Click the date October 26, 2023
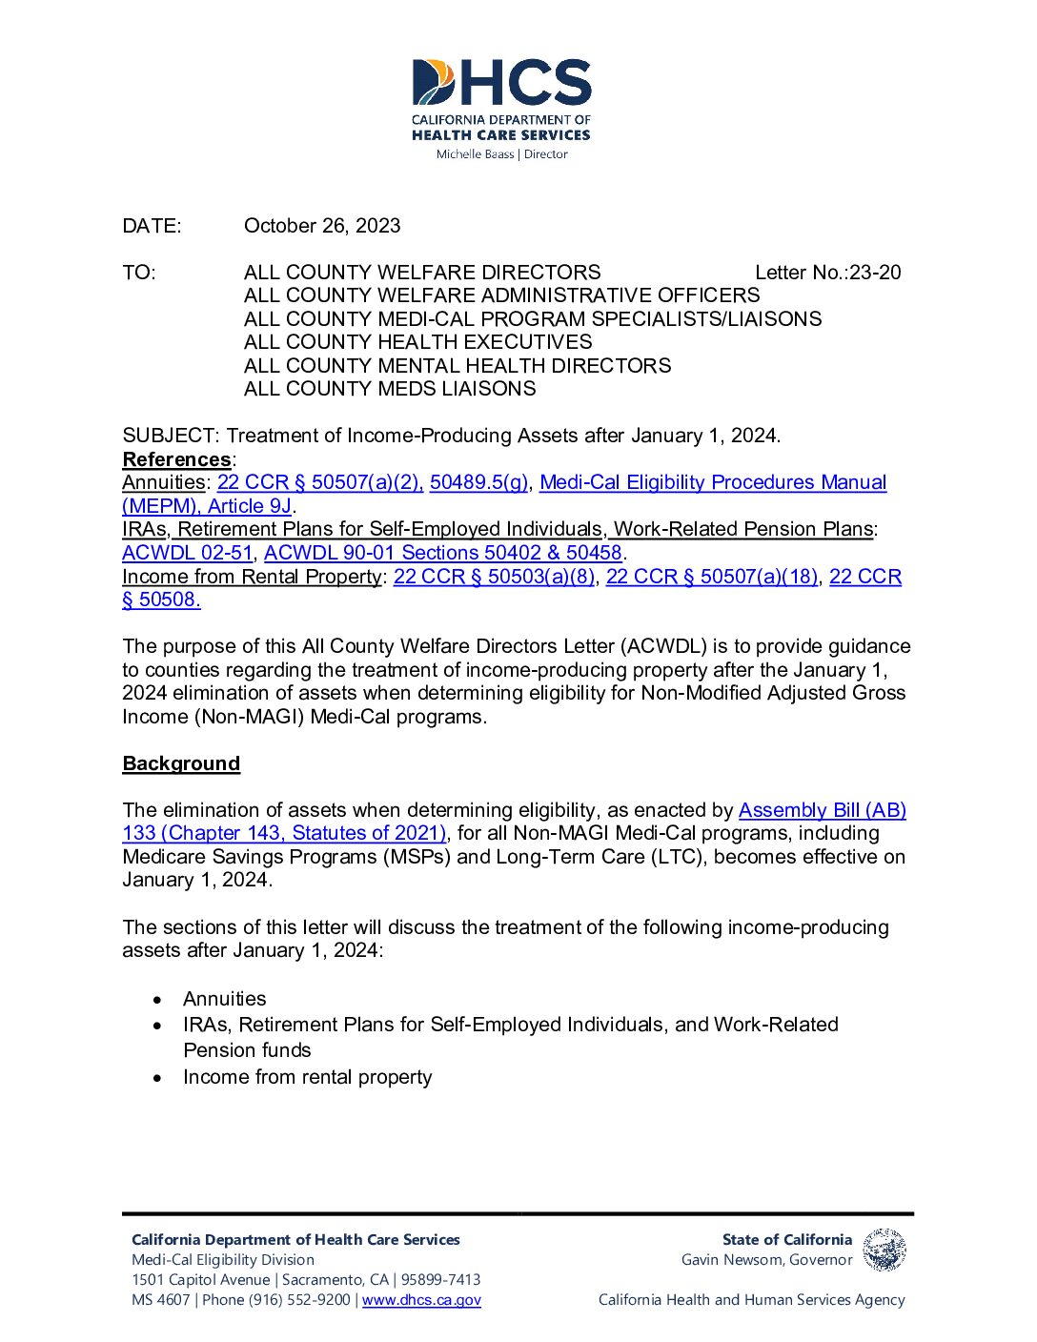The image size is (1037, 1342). pyautogui.click(x=322, y=226)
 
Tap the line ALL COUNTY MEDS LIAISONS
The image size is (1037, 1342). pyautogui.click(x=390, y=389)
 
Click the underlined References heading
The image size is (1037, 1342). pyautogui.click(x=176, y=459)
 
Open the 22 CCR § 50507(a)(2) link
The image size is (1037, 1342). pyautogui.click(x=319, y=482)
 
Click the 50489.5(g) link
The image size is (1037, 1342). pyautogui.click(x=478, y=482)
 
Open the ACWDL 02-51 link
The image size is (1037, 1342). pyautogui.click(x=187, y=553)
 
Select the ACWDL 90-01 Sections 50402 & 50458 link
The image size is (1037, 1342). pyautogui.click(x=442, y=553)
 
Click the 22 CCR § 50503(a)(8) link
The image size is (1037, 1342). pyautogui.click(x=494, y=577)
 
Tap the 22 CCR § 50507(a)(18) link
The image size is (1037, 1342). pyautogui.click(x=712, y=577)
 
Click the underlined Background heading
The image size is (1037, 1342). pyautogui.click(x=181, y=763)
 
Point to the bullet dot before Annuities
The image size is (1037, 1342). pyautogui.click(x=158, y=1000)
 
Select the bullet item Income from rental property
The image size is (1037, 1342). pyautogui.click(x=307, y=1077)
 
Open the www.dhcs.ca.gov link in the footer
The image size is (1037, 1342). pyautogui.click(x=421, y=1300)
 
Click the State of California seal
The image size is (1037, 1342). pyautogui.click(x=884, y=1250)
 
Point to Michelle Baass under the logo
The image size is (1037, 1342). pyautogui.click(x=475, y=154)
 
